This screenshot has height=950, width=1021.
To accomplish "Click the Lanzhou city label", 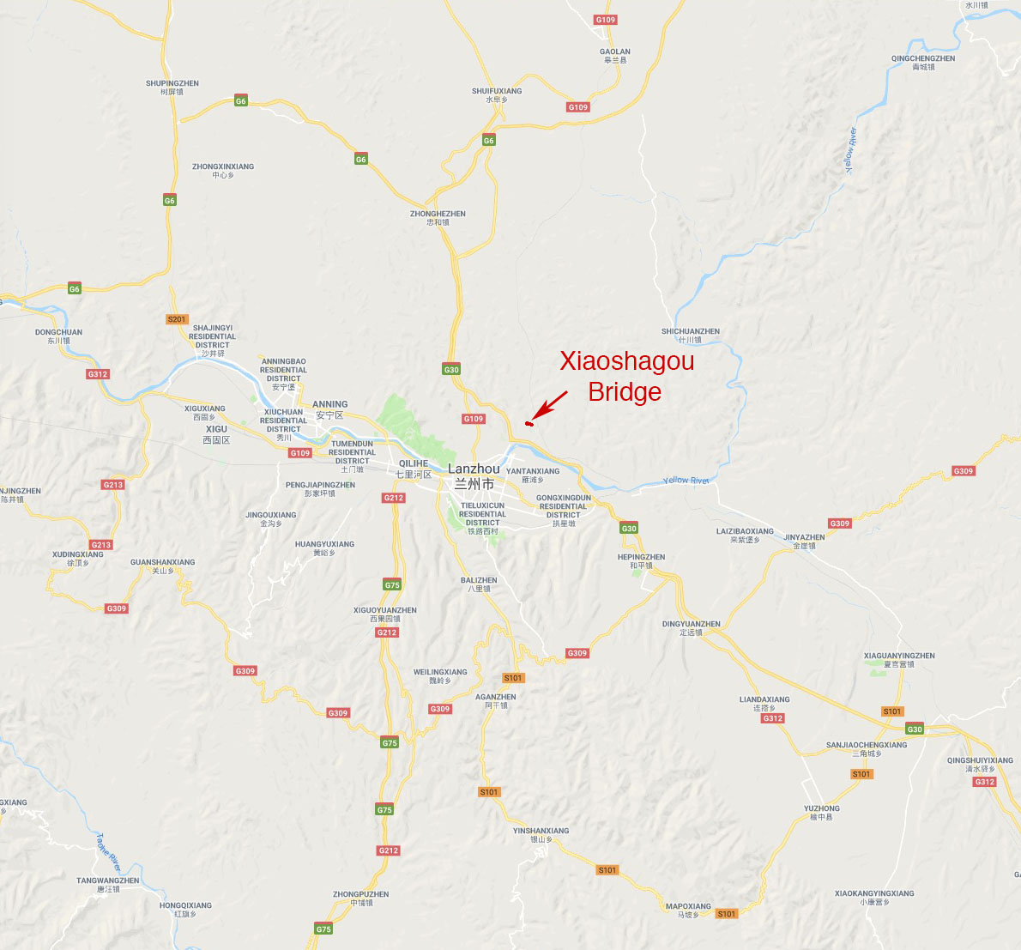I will click(474, 475).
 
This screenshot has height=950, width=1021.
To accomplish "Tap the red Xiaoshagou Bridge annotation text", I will click(626, 376).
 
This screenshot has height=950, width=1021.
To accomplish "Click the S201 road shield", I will click(177, 319).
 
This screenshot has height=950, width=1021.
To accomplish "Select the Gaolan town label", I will click(614, 56).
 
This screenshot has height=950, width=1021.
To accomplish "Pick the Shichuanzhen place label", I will click(690, 336).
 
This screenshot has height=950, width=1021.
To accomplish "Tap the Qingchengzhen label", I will click(922, 63).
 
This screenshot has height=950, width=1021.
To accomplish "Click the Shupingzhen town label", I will click(172, 88).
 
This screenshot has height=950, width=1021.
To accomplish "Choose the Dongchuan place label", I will click(58, 336).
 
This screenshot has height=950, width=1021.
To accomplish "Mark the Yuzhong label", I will click(821, 813).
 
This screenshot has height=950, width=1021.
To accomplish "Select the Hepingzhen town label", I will click(641, 561).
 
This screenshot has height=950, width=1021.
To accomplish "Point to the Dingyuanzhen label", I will click(691, 628).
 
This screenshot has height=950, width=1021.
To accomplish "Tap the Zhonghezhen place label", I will click(438, 218).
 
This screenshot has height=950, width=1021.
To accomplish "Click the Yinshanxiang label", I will click(541, 835).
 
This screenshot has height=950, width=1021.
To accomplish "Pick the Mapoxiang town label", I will click(688, 911).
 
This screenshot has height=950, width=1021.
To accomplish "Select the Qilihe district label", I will click(414, 469).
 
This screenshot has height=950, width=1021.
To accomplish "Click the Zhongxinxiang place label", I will click(223, 171).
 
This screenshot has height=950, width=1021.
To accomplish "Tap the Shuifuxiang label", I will click(497, 95).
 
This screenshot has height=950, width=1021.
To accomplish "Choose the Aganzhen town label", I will click(495, 701).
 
